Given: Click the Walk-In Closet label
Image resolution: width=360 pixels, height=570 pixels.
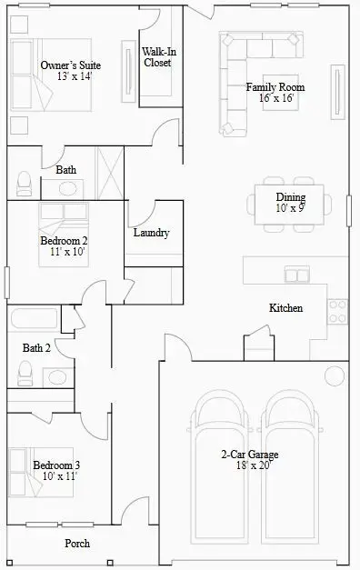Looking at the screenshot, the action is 159,57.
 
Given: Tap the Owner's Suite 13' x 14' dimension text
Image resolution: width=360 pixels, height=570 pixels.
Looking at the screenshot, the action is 75,76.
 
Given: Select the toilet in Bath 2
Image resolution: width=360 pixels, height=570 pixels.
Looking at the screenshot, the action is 25,373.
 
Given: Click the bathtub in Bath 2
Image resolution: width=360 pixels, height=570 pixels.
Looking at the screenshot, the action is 35,318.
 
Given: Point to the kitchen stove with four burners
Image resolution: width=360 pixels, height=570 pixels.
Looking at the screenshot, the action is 337,312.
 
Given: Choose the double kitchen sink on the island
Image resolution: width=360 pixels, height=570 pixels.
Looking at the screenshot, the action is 297,275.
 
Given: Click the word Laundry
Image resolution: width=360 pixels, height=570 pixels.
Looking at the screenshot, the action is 151,233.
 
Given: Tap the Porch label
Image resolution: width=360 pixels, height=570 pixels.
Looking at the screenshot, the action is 77,543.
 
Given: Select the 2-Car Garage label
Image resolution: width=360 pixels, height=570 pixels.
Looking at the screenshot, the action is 250,455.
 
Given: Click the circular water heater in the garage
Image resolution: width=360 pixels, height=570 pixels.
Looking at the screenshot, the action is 335,375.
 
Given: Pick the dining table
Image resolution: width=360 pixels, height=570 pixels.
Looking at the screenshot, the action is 289,205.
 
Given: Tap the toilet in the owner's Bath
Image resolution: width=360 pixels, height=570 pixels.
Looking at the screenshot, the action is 25,184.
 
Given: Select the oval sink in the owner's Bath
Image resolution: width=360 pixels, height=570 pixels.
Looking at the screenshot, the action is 67,189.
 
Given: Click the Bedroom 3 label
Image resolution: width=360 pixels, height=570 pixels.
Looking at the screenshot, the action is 56,465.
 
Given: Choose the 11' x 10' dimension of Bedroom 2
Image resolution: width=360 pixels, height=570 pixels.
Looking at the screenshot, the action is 67,252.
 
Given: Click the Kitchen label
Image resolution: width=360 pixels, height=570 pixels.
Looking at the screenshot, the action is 285,308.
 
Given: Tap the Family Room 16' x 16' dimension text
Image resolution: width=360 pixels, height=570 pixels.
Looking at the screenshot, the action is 276,98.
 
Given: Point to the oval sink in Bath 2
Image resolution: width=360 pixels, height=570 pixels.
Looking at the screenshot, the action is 57,377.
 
